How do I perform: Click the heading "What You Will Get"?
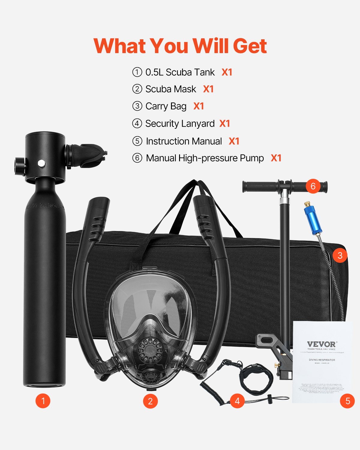180,46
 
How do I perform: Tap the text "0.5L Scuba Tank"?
180,72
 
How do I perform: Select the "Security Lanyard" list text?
180,124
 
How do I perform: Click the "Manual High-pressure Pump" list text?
205,158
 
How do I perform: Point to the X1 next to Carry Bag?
199,106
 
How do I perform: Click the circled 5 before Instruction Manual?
137,141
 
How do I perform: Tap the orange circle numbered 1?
43,401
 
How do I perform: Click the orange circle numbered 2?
150,401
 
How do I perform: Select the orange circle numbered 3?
340,256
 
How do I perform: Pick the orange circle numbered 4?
237,401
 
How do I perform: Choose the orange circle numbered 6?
313,186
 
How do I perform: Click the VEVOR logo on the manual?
322,344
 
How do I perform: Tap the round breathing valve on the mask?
150,349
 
